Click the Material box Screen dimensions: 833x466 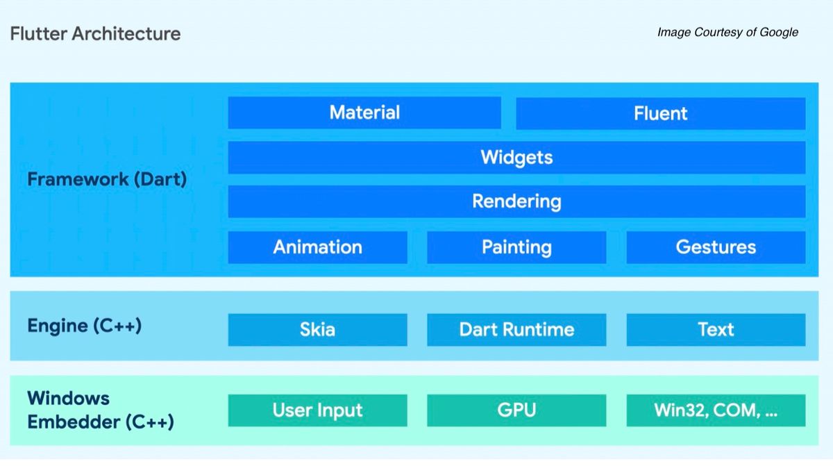click(x=364, y=113)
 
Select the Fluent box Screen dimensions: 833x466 click(x=661, y=113)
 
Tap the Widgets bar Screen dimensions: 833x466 click(x=517, y=158)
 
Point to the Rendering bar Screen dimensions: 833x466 click(x=517, y=201)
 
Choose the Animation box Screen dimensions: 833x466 click(x=318, y=247)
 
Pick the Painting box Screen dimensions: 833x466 click(x=516, y=247)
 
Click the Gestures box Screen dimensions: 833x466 click(x=716, y=247)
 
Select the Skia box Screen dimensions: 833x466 click(x=318, y=330)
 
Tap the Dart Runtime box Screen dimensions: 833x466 click(x=516, y=330)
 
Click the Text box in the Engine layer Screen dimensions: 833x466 click(x=716, y=330)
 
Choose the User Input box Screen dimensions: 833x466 click(x=318, y=410)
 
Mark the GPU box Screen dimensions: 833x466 click(x=516, y=410)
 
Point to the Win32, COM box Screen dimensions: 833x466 click(x=716, y=410)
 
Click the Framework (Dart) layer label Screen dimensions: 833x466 click(x=107, y=180)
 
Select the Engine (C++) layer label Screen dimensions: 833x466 click(x=85, y=326)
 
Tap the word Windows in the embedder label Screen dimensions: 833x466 click(x=69, y=399)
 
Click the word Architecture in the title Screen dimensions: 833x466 click(x=126, y=33)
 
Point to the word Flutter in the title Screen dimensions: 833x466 click(x=39, y=33)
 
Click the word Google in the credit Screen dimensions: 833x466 click(x=779, y=33)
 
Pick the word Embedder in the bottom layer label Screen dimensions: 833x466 click(x=74, y=422)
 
